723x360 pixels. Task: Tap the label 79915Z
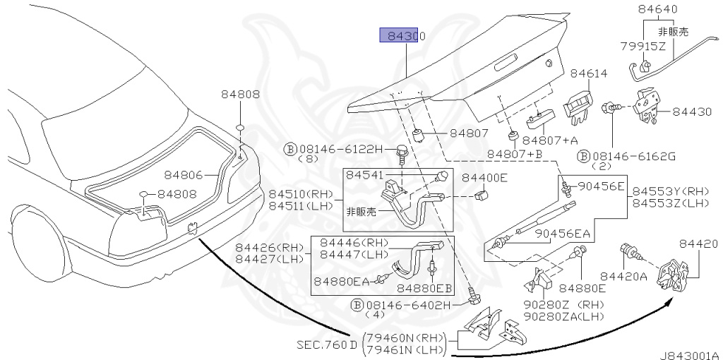click(643, 47)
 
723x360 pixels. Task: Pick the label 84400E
click(484, 178)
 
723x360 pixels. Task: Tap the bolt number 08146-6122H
click(340, 149)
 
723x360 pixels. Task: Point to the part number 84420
click(698, 244)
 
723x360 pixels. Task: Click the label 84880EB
click(424, 288)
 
